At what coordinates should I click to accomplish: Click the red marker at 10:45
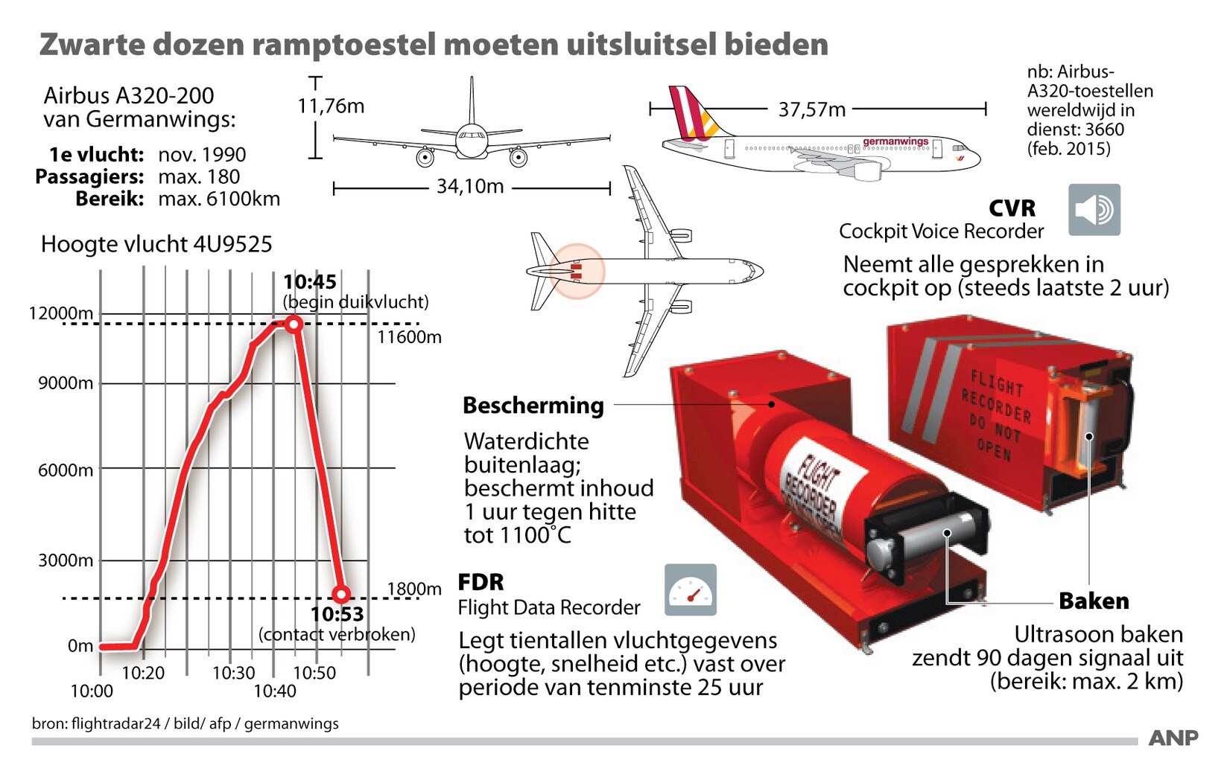[x=294, y=324]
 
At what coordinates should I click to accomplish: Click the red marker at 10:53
[x=341, y=594]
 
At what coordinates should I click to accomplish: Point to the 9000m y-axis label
[x=66, y=383]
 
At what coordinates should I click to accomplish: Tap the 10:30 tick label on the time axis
[x=233, y=673]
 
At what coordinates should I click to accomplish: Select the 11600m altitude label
[x=409, y=337]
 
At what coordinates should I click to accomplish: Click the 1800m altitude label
[x=414, y=589]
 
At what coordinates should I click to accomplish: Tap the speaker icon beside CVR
[x=1094, y=210]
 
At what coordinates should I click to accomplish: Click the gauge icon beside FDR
[x=691, y=589]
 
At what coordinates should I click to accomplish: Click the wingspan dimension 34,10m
[x=470, y=186]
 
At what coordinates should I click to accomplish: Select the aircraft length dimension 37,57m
[x=812, y=110]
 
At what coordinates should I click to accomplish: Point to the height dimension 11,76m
[x=331, y=106]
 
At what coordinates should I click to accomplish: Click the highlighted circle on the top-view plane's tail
[x=577, y=271]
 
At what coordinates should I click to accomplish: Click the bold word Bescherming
[x=533, y=405]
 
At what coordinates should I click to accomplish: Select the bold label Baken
[x=1094, y=601]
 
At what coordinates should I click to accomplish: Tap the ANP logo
[x=1173, y=738]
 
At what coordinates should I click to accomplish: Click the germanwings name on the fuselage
[x=895, y=141]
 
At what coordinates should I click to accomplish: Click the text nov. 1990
[x=202, y=155]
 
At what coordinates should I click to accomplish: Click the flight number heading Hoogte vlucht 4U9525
[x=156, y=244]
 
